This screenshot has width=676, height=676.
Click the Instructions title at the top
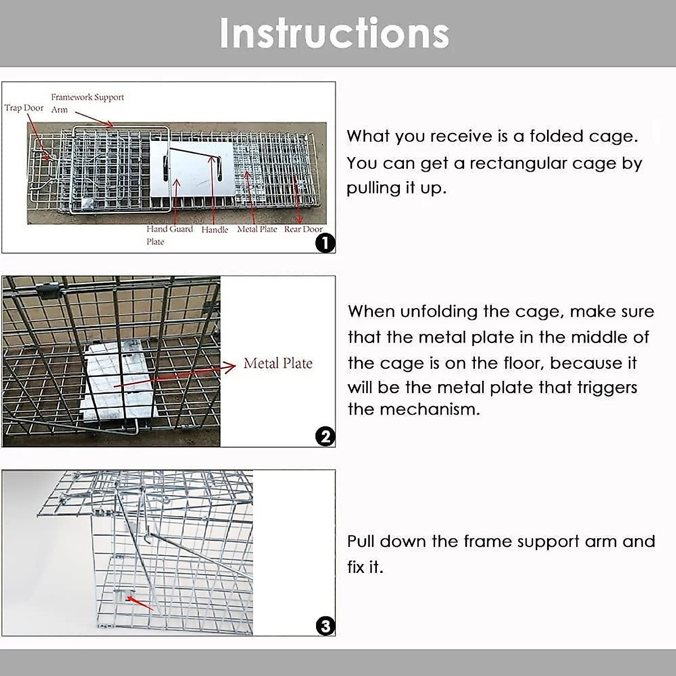[x=334, y=34]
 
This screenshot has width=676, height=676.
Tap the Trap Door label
[x=24, y=108]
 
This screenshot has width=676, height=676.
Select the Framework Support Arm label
[x=87, y=103]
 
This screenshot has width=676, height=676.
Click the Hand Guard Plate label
[x=169, y=235]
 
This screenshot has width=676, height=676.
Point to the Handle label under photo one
[x=215, y=230]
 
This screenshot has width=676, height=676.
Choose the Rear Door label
[x=303, y=229]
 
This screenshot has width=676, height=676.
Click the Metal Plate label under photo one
[x=257, y=229]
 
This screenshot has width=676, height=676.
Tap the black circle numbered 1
[x=326, y=243]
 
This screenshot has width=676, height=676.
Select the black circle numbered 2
[x=326, y=437]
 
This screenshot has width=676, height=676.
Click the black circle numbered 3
[x=326, y=626]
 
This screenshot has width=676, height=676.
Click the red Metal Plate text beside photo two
[x=278, y=363]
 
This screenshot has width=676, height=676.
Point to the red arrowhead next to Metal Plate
[x=230, y=367]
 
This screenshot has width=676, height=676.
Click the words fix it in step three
[x=364, y=567]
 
